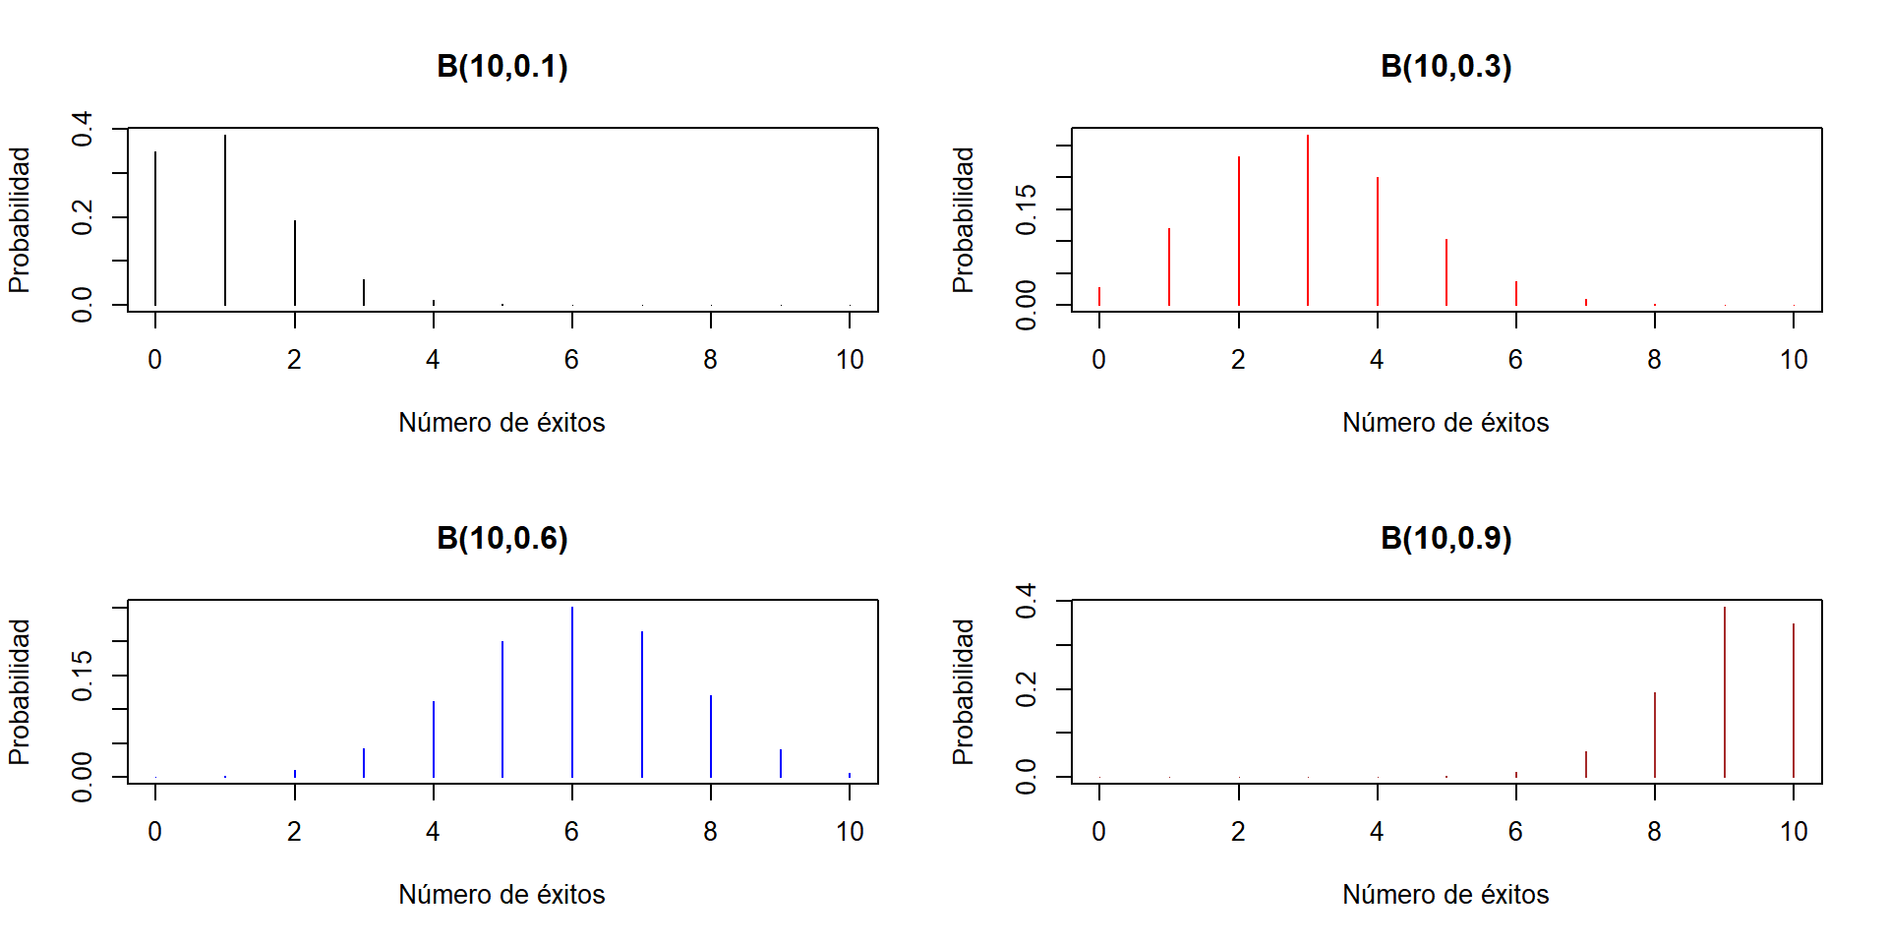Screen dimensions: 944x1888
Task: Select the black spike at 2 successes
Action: pos(294,263)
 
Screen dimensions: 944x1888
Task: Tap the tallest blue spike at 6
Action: pos(572,692)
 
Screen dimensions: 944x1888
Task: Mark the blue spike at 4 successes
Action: pos(434,739)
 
